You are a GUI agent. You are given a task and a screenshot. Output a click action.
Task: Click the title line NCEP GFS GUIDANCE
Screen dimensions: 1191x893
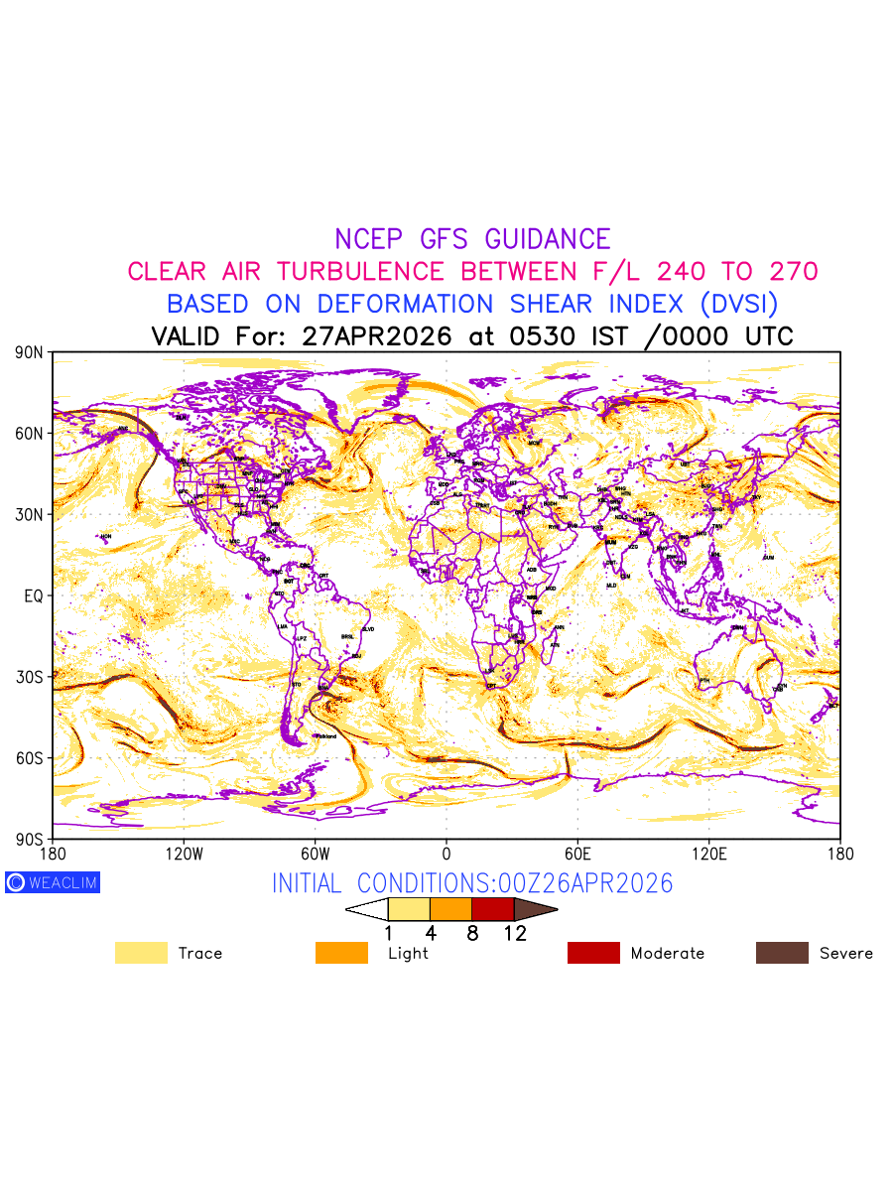472,239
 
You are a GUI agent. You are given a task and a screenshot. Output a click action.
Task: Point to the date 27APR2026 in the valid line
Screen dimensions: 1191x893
376,335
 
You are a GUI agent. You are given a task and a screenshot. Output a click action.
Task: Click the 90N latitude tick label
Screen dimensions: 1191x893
30,352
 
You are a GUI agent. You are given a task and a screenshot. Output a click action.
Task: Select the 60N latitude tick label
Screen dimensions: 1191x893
30,434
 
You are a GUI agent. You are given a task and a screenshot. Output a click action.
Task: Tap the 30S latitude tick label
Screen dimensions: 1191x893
30,677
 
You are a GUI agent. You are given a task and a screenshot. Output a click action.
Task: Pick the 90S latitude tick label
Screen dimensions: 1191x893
30,839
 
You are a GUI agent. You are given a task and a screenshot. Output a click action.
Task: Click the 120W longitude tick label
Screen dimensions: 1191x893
184,854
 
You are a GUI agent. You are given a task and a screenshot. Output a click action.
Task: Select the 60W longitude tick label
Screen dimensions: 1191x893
315,854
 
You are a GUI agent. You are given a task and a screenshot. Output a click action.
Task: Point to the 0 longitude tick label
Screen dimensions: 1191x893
446,854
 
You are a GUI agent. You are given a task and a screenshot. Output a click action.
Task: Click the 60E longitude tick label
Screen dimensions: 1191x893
577,854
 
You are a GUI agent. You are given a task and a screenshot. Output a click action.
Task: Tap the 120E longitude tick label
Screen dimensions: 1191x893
708,854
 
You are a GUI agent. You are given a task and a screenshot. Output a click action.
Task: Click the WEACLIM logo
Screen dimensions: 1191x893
53,882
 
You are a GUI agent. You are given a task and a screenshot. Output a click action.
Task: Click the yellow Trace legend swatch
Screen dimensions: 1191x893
141,953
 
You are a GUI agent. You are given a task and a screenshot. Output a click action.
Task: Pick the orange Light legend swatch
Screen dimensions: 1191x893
341,953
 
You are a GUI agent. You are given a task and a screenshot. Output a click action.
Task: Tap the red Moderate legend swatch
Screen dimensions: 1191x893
593,953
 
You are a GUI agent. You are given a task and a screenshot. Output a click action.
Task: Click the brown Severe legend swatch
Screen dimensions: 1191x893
782,953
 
